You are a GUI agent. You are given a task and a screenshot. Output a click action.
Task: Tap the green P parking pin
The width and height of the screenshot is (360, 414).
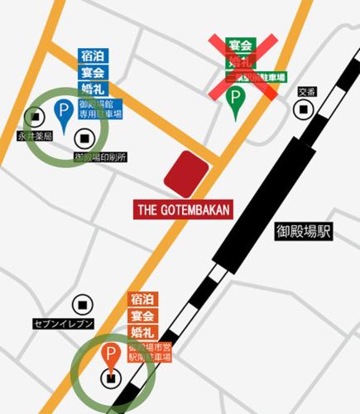pyautogui.click(x=237, y=98)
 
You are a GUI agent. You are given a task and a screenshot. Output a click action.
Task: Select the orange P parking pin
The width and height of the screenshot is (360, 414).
pyautogui.click(x=110, y=354)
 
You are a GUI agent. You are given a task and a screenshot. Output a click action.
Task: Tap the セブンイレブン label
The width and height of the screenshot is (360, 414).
pyautogui.click(x=64, y=323)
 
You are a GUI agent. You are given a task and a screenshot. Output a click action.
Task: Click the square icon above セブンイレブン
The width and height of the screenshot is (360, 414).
pyautogui.click(x=80, y=304)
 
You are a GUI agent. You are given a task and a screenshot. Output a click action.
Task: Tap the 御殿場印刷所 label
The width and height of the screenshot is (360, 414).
pyautogui.click(x=99, y=156)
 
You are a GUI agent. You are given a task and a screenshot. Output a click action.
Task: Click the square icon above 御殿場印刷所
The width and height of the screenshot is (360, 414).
pyautogui.click(x=85, y=137)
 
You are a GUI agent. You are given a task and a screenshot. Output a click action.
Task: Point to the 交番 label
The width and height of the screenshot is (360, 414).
pyautogui.click(x=307, y=92)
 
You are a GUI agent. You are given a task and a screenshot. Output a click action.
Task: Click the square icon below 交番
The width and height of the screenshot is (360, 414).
pyautogui.click(x=306, y=108)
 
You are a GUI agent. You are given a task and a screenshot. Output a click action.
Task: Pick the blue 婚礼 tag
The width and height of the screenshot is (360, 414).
pyautogui.click(x=90, y=89)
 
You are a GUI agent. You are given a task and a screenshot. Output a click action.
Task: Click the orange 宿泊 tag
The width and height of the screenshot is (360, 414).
pyautogui.click(x=142, y=300)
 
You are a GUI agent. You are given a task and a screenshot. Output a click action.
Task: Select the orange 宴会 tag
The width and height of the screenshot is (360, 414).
pyautogui.click(x=142, y=315)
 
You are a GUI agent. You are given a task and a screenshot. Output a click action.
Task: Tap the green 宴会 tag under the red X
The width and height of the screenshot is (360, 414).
pyautogui.click(x=242, y=45)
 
